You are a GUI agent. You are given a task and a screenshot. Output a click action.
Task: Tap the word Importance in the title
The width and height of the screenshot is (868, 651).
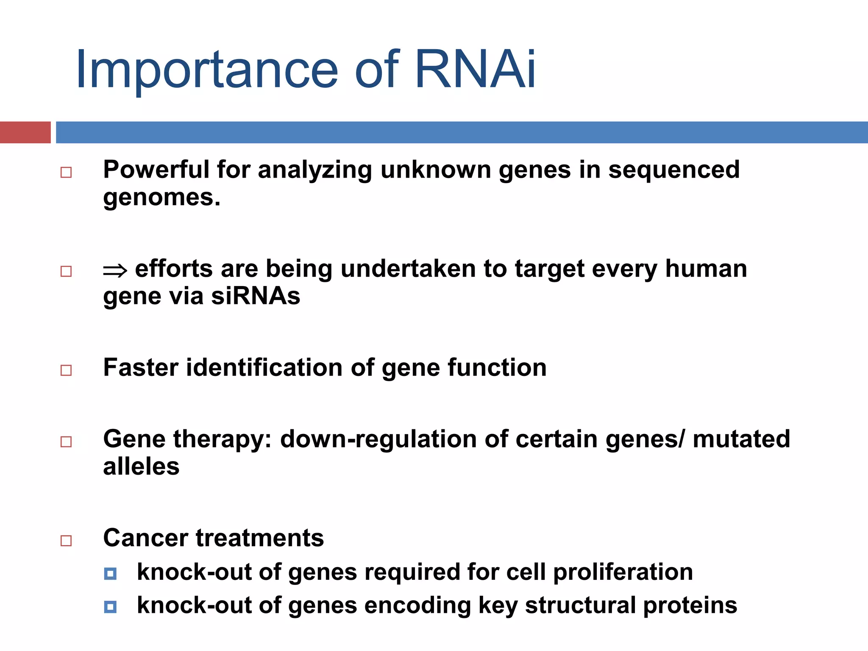pos(207,70)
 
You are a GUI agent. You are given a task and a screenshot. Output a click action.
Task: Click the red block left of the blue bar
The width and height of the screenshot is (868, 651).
pos(25,132)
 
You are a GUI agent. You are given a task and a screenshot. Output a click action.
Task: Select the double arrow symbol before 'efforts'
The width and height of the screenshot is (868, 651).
pos(115,270)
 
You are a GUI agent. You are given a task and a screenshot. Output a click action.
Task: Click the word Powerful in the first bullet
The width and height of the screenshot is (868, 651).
pos(156,170)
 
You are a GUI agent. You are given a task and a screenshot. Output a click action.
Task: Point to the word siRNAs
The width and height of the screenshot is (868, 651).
pos(256,296)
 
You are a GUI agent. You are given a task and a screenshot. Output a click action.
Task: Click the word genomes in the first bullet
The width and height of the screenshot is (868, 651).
pos(161,198)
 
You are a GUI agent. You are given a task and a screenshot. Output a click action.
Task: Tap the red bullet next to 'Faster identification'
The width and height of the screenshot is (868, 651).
pos(66,370)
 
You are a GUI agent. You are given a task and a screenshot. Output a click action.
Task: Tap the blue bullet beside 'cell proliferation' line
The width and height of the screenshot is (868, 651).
pos(110,574)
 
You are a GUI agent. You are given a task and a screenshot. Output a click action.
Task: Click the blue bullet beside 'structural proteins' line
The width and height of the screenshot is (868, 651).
pos(110,607)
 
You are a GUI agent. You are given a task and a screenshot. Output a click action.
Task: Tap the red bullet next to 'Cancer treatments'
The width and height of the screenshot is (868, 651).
pos(66,540)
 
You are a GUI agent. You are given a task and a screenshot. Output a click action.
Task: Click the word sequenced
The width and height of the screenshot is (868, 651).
pos(674,170)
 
